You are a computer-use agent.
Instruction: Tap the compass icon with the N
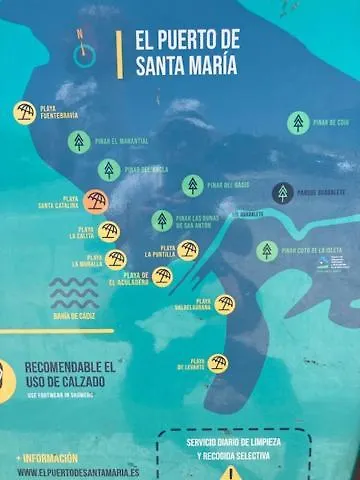84,55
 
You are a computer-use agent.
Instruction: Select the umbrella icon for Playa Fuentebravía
25,112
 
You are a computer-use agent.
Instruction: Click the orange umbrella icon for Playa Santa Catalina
96,202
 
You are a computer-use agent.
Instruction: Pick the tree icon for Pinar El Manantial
79,142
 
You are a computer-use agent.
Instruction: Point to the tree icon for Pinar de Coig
297,123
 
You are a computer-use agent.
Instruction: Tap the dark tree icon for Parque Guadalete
283,192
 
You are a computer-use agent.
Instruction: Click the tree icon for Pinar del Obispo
193,185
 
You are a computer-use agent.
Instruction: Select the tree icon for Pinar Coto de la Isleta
266,251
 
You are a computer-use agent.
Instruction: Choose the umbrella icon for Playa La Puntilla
188,250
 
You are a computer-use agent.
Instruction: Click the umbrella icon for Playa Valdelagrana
225,304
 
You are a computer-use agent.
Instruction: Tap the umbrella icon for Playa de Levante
218,363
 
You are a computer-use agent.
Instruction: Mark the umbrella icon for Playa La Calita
108,232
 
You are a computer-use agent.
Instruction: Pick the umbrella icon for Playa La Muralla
116,260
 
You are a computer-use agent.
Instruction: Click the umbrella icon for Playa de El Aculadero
162,277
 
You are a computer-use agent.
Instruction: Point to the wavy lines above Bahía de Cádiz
74,293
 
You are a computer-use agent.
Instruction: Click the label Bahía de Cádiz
74,317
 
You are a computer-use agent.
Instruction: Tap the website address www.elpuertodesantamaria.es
78,472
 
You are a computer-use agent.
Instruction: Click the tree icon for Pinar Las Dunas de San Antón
161,220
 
